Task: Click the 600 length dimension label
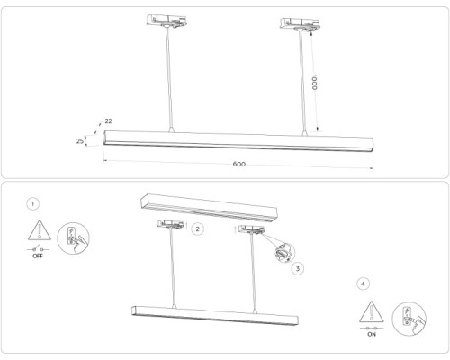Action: [x=238, y=165]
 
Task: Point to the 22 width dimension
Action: [x=108, y=121]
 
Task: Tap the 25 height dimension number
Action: [x=80, y=141]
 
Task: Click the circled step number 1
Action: [x=33, y=204]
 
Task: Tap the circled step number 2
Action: [x=198, y=229]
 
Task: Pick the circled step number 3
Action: [x=298, y=267]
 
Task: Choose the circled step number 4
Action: [x=363, y=283]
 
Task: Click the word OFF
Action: [x=38, y=256]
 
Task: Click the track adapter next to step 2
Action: [x=171, y=225]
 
